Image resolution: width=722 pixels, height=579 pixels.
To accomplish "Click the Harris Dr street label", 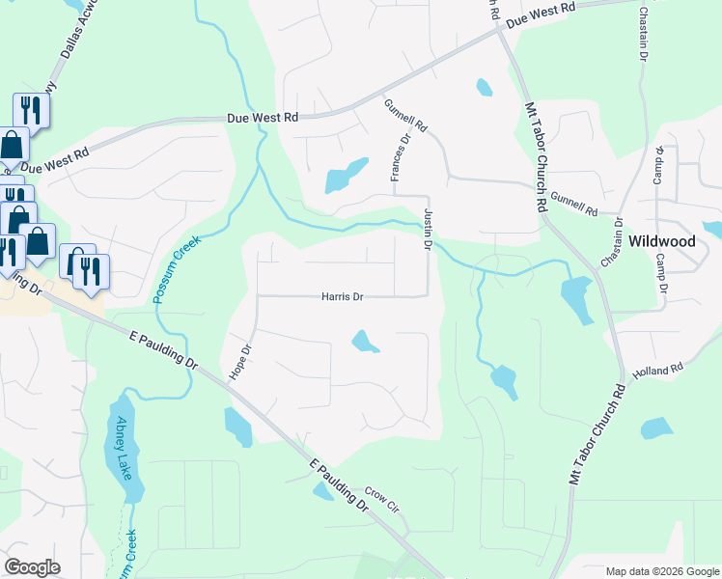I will (x=342, y=297).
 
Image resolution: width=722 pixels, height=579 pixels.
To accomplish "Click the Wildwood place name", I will (x=663, y=240).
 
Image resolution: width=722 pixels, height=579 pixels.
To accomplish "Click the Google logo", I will (x=32, y=567).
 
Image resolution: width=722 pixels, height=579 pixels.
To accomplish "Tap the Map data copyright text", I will (x=662, y=571).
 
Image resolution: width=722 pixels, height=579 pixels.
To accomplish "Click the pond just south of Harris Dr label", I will (x=365, y=342).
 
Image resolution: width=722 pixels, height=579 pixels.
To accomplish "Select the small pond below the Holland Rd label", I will (x=656, y=428).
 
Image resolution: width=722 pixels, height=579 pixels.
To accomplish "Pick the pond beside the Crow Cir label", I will (x=323, y=491).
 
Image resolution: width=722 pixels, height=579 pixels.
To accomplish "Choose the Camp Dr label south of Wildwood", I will (x=661, y=274).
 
